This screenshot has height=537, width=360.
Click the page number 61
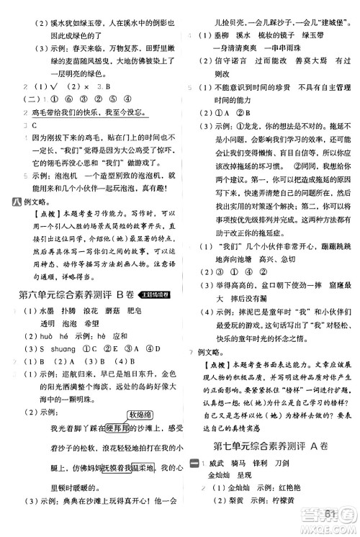click(330, 513)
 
